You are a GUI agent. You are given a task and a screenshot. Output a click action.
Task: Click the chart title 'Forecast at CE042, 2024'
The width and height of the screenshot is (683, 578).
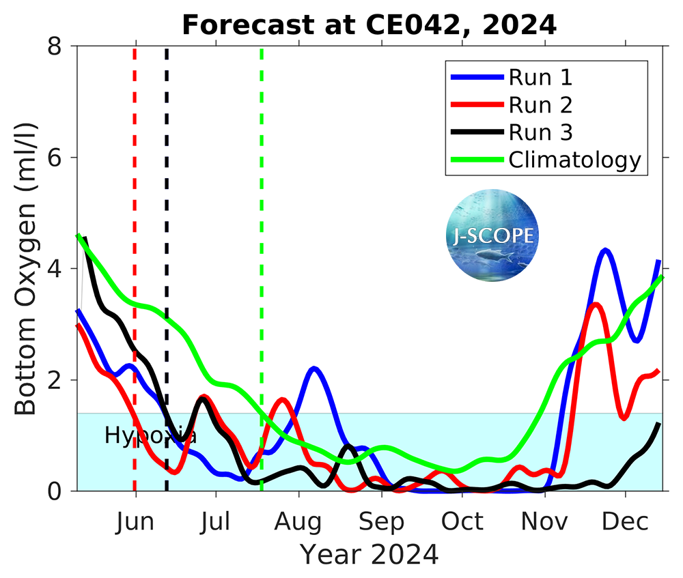tap(369, 25)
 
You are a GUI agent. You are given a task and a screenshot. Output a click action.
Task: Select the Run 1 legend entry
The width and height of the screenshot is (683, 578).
tap(540, 77)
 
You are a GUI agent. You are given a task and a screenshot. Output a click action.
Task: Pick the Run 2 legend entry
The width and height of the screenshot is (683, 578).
tap(540, 104)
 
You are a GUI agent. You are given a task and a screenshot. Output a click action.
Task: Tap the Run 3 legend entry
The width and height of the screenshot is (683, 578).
tap(540, 132)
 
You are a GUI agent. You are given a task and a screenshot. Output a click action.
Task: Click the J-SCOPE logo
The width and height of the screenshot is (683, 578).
tap(492, 235)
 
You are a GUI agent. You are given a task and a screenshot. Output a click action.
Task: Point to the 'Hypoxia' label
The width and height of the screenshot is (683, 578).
tap(150, 435)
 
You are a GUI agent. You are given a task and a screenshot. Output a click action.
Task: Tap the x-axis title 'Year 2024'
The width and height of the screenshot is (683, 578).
tap(369, 554)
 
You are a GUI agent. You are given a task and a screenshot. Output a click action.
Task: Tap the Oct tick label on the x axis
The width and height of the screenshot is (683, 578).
tap(462, 522)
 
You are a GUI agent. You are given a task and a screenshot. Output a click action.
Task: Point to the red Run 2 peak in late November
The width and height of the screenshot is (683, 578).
tap(596, 304)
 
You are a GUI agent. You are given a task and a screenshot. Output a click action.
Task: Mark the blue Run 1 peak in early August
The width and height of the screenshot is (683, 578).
tap(313, 369)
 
